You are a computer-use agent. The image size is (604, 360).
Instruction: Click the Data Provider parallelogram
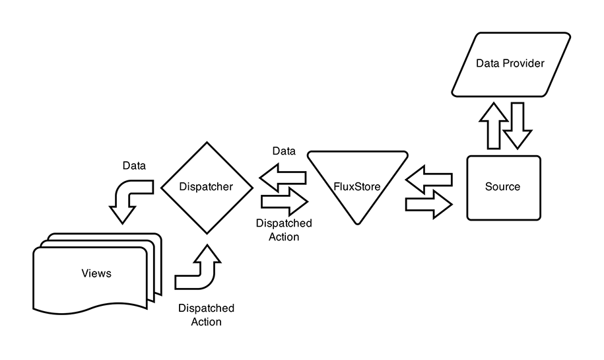tap(511, 63)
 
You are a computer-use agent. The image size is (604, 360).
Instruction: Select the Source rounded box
tap(503, 187)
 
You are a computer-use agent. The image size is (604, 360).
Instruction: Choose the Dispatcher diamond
tap(207, 187)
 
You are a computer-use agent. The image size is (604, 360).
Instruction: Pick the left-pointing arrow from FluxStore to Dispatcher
tap(282, 177)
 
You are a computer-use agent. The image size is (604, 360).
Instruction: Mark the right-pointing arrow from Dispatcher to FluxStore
tap(285, 200)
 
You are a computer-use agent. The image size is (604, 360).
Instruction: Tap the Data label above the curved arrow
tap(135, 165)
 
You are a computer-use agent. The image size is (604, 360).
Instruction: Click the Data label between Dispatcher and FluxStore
tap(284, 151)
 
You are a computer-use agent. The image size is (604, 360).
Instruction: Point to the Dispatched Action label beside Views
tap(206, 315)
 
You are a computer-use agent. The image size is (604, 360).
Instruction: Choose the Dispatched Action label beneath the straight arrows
tap(284, 230)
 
